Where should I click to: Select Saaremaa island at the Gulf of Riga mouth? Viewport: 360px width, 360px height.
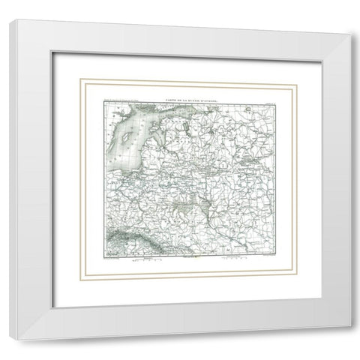(x=142, y=120)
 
